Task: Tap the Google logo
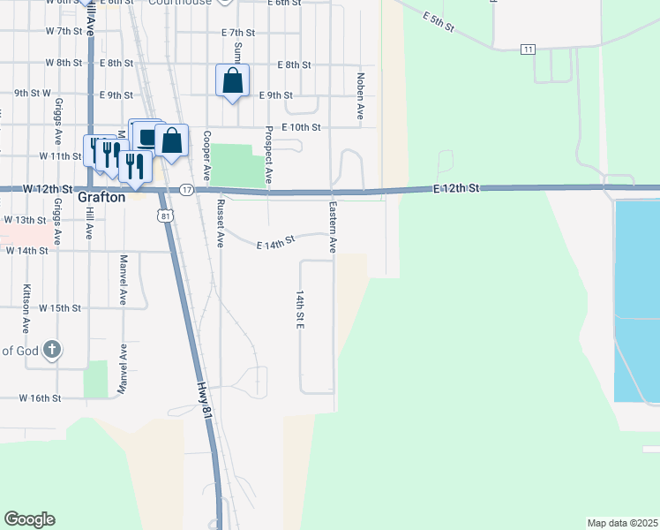tap(29, 519)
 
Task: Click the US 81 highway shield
tap(165, 215)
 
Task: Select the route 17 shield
tap(186, 190)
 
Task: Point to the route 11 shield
tap(528, 49)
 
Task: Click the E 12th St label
tap(455, 189)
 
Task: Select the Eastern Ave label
tap(334, 227)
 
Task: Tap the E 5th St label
tap(438, 23)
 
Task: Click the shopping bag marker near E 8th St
tap(232, 81)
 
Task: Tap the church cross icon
tap(51, 350)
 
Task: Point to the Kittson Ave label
tap(26, 283)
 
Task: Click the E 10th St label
tap(301, 127)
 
